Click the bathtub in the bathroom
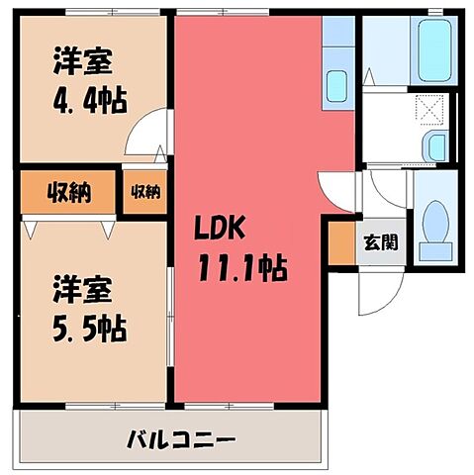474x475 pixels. (431, 48)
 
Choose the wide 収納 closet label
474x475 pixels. (67, 192)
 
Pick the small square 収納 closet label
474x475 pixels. (145, 192)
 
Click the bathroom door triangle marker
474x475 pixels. (368, 75)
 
